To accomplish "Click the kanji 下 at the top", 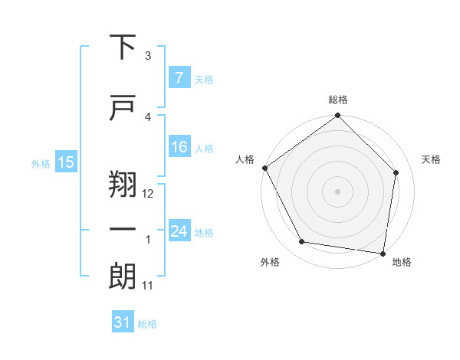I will coord(123,47).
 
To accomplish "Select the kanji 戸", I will coord(123,108).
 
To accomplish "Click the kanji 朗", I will coord(123,277).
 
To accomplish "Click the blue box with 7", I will coord(179,78).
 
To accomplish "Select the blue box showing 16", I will coord(179,147).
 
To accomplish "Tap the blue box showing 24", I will coord(179,231).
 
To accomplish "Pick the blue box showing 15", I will coord(66,162).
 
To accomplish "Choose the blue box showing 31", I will coord(122,323).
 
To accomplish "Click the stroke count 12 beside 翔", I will coord(148,194).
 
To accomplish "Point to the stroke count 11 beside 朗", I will coord(148,286).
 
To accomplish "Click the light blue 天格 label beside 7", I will coord(204,79).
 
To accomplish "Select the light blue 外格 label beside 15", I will coord(40,163).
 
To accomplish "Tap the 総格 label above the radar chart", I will coord(338,100).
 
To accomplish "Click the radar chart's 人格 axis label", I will coord(245,159).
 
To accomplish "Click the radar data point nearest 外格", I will coord(302,242).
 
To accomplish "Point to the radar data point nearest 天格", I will coord(396,172).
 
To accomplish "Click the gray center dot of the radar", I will coord(337,191).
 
